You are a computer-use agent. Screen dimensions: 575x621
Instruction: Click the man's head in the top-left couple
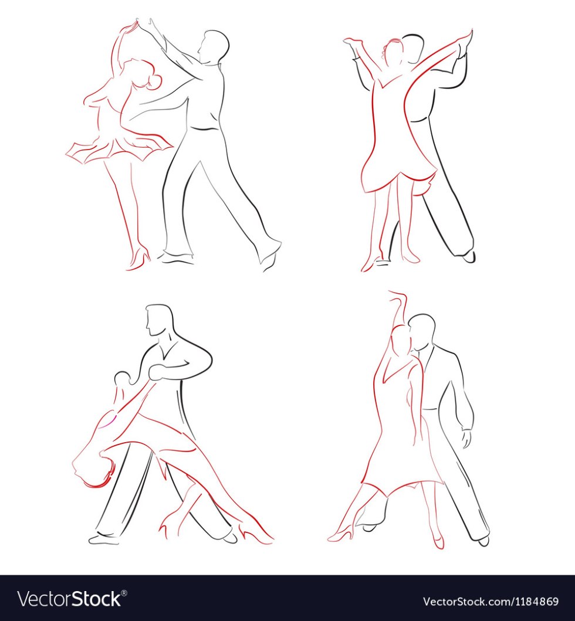pyautogui.click(x=214, y=46)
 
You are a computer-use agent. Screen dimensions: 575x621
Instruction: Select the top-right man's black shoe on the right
pyautogui.click(x=469, y=256)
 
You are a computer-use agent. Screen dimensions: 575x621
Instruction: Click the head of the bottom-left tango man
pyautogui.click(x=160, y=320)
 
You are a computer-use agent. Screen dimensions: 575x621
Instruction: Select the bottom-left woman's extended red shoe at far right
pyautogui.click(x=258, y=535)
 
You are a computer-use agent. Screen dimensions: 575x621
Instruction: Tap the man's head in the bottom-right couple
pyautogui.click(x=422, y=332)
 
